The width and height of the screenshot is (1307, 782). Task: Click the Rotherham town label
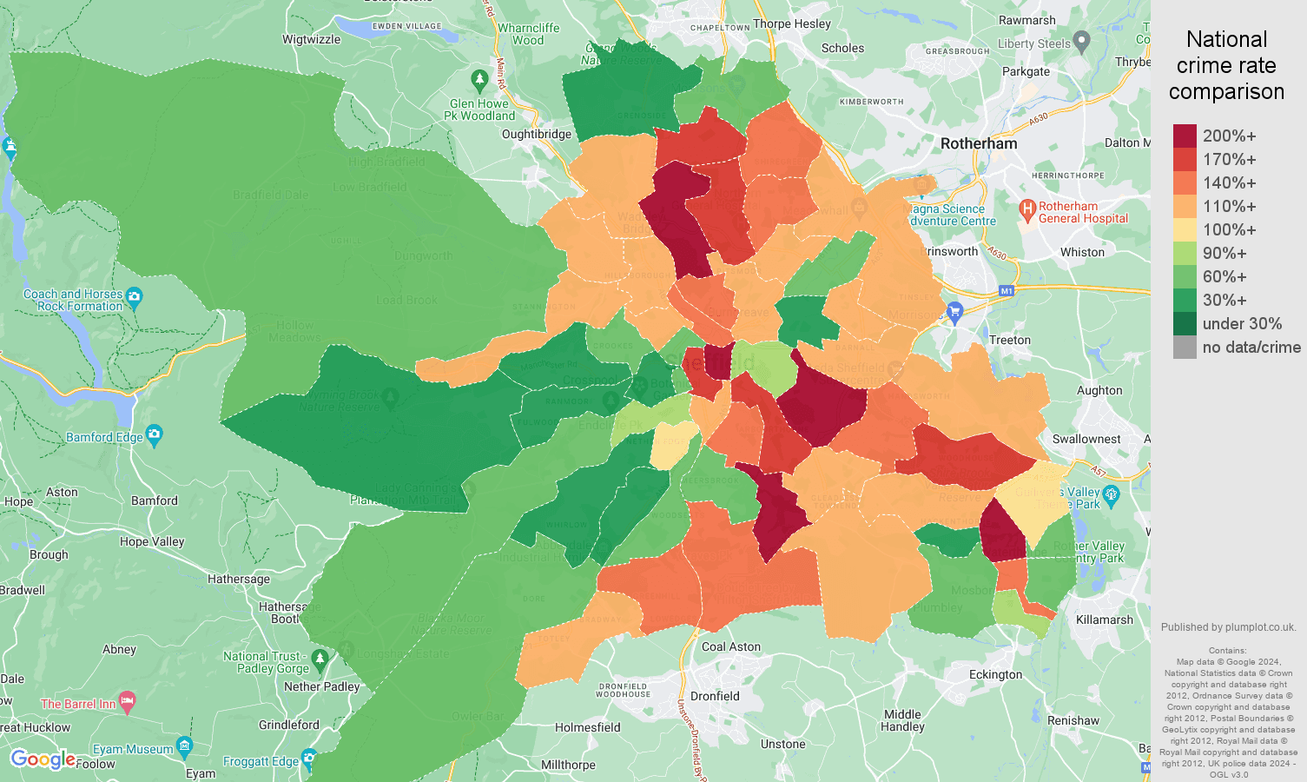coord(979,143)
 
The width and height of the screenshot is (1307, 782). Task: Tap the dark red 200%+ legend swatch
coord(1185,136)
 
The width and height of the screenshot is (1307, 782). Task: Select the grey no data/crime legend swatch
coord(1185,348)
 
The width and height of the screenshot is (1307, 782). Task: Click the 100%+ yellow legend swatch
coord(1185,229)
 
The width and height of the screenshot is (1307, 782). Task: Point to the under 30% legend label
coord(1242,323)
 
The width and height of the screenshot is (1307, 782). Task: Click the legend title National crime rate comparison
coord(1226,65)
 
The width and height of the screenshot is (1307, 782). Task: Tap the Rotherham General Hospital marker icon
coord(1027,209)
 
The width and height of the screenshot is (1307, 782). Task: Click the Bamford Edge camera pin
coord(155,434)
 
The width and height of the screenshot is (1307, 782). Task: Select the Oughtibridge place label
coord(537,134)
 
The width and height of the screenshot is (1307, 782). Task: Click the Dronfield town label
coord(715,696)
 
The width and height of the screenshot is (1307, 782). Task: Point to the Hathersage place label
coord(239,579)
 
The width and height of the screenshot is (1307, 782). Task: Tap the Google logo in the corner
coord(43,759)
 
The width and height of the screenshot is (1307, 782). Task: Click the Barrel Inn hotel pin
coord(128,701)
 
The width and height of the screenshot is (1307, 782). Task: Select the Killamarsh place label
coord(1104,620)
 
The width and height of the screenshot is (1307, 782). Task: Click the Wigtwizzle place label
coord(311,39)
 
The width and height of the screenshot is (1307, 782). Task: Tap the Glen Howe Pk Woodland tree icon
coord(479,81)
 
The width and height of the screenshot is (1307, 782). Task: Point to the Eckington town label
coord(995,674)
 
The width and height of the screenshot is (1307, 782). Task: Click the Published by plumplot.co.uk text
coord(1228,626)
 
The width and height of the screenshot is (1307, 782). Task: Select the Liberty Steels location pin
coord(1081,40)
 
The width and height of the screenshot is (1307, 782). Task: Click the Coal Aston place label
coord(730,646)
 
